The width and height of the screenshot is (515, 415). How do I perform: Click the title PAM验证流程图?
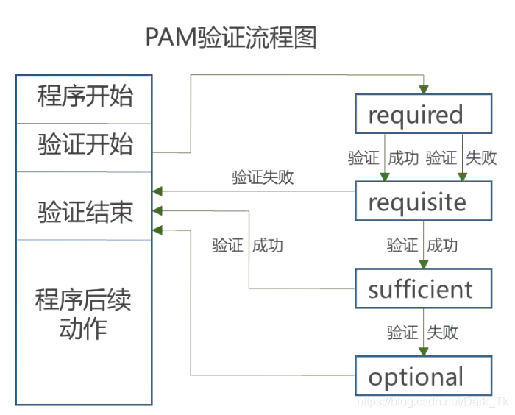[x=230, y=38]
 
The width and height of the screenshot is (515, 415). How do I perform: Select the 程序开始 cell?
[x=85, y=97]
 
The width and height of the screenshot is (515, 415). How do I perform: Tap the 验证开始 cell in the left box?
[x=85, y=146]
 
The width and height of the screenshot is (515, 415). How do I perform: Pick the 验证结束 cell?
[x=85, y=212]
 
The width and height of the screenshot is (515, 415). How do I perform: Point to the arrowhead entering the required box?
[x=424, y=90]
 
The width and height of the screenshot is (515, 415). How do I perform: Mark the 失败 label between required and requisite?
[x=481, y=157]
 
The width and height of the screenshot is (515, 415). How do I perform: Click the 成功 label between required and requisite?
[x=403, y=157]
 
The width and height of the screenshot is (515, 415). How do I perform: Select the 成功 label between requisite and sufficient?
[x=442, y=245]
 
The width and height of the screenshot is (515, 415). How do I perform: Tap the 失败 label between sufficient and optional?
[x=442, y=333]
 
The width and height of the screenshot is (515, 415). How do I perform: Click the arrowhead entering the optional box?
[x=424, y=352]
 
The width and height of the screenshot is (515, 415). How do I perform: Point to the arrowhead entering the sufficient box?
[x=424, y=264]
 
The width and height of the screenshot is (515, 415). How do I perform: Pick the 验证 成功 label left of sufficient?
[x=247, y=246]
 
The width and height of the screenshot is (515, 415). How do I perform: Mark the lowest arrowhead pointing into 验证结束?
[x=157, y=230]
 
